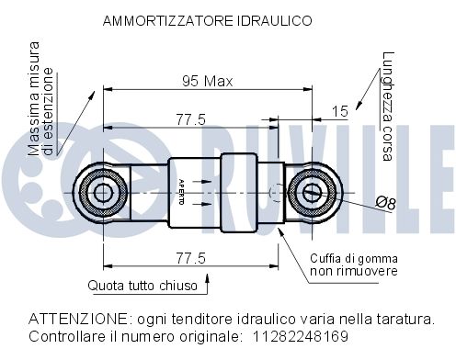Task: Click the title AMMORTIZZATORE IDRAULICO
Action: [x=207, y=19]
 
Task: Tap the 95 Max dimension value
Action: [x=207, y=81]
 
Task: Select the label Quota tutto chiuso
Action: [x=142, y=286]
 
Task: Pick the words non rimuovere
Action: [x=352, y=271]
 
